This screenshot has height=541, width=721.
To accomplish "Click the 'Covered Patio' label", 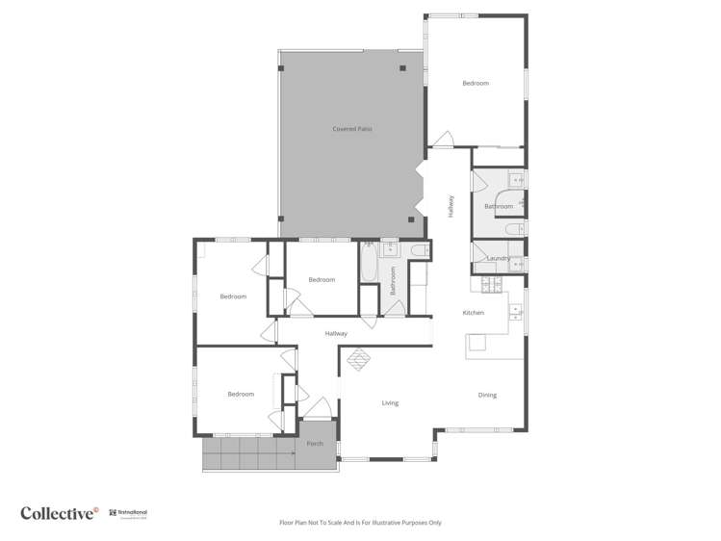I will coord(352,128).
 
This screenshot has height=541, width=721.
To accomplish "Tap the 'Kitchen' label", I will coord(473,313).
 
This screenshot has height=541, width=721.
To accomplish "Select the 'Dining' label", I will coord(487,395).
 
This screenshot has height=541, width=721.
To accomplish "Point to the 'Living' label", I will coord(390,403).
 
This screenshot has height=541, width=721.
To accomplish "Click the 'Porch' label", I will coord(315,444).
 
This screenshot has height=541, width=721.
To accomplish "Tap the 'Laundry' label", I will coord(498,258).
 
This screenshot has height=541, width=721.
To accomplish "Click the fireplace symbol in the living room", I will coord(359,358).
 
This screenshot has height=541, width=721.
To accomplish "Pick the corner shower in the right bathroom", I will coord(516,179).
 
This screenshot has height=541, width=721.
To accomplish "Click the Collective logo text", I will coord(59,513).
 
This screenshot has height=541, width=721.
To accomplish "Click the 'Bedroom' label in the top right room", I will coord(476,84).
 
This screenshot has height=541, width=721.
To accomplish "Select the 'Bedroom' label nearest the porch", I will coord(241,394).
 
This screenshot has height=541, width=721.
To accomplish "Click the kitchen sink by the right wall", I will coord(516,312).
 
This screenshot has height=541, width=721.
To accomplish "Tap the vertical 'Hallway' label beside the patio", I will coord(450,206).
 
